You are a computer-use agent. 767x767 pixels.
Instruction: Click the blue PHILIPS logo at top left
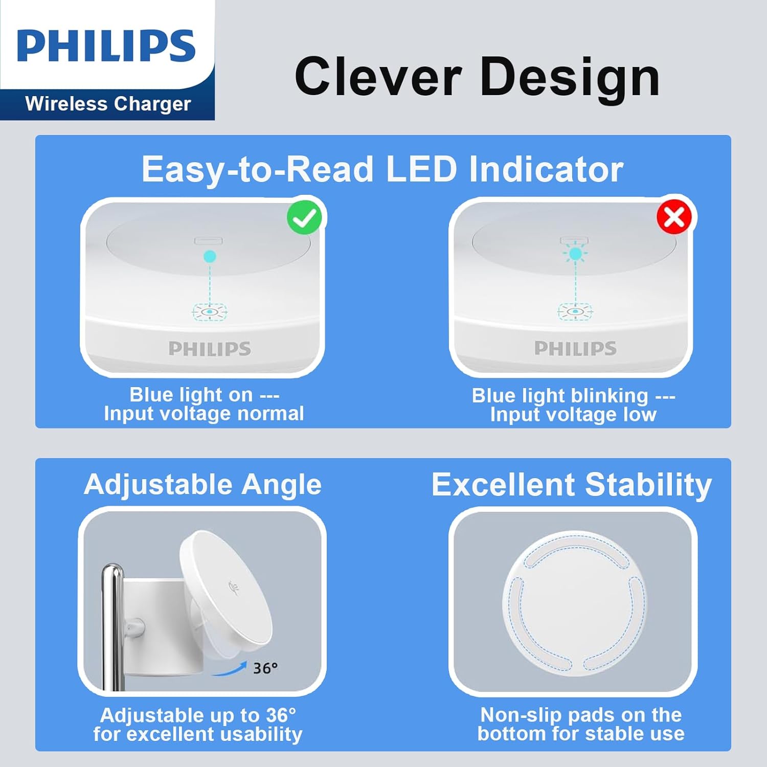tap(106, 46)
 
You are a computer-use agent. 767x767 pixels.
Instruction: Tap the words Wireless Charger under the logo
tap(108, 104)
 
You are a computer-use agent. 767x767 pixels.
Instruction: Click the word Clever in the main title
tap(378, 77)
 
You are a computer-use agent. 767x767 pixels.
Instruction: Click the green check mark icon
tap(305, 217)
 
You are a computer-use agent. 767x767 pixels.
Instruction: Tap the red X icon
tap(674, 217)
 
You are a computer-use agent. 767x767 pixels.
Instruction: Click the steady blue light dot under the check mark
tap(210, 256)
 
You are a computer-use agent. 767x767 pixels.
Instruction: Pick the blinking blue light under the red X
tap(576, 254)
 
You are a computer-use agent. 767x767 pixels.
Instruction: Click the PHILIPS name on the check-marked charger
tap(210, 349)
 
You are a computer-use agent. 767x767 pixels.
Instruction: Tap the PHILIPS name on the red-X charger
tap(575, 348)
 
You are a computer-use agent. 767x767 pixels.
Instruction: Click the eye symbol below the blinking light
tap(575, 311)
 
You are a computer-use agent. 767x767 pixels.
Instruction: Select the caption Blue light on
tap(191, 395)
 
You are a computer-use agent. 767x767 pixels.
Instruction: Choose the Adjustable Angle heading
tap(203, 484)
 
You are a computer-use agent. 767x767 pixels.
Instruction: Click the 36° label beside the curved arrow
tap(265, 668)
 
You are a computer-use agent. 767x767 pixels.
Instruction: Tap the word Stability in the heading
tap(648, 485)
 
